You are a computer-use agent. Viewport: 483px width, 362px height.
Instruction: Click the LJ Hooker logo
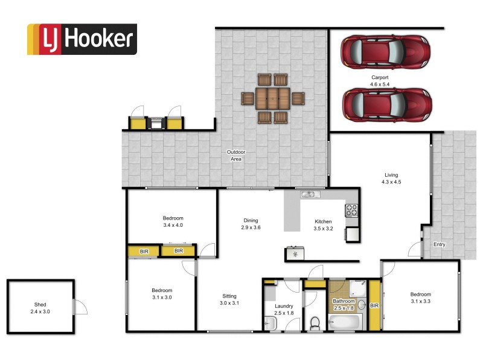pyautogui.click(x=82, y=39)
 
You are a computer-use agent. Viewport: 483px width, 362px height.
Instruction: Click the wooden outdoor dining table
pyautogui.click(x=273, y=98)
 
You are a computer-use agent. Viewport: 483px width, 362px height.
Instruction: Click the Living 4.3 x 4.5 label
pyautogui.click(x=391, y=178)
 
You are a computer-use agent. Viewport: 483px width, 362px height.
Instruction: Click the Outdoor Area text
pyautogui.click(x=235, y=156)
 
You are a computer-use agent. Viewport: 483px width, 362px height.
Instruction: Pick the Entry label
pyautogui.click(x=439, y=244)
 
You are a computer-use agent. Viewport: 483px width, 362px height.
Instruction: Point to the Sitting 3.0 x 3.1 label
pyautogui.click(x=229, y=299)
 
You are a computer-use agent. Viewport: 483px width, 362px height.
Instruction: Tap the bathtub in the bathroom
pyautogui.click(x=345, y=323)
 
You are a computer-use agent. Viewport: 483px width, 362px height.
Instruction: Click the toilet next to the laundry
pyautogui.click(x=314, y=323)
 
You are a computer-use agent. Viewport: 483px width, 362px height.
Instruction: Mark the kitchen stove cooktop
pyautogui.click(x=351, y=210)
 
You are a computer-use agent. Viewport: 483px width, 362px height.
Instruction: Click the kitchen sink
pyautogui.click(x=310, y=194)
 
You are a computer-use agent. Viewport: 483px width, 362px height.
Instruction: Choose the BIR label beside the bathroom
pyautogui.click(x=374, y=306)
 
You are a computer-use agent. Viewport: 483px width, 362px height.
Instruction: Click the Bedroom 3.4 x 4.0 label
pyautogui.click(x=173, y=221)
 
